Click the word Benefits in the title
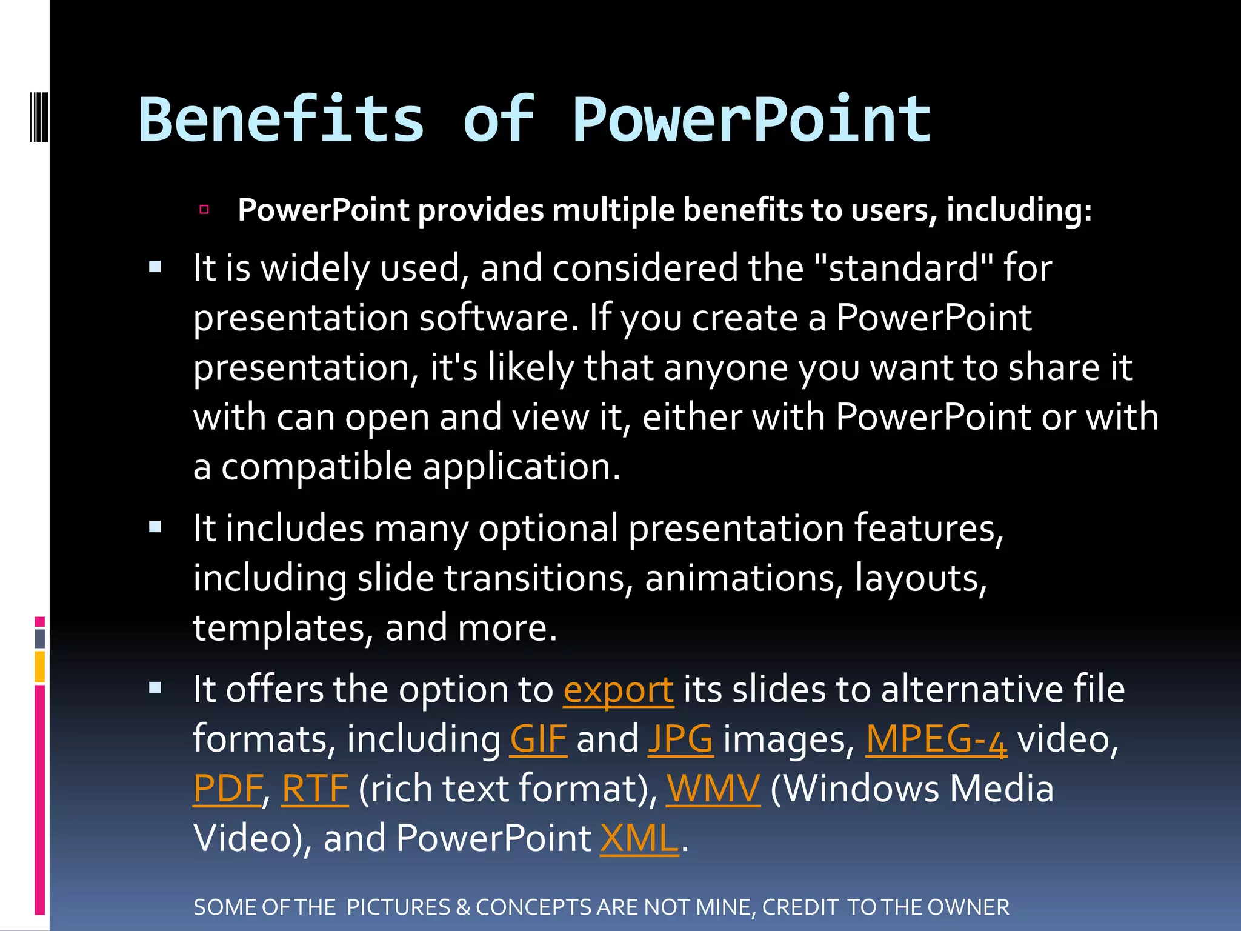coord(282,121)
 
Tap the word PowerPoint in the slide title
coord(751,121)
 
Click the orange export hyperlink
coord(618,690)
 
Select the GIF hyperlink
coord(538,739)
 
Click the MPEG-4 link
coord(936,739)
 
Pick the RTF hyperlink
coord(315,789)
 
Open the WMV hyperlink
coord(713,789)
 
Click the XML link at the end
coord(639,839)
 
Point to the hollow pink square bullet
coord(204,210)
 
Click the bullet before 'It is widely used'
coord(155,267)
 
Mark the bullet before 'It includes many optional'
coord(155,527)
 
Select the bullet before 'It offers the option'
coord(155,688)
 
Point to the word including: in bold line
coord(1019,211)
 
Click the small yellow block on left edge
coord(40,667)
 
